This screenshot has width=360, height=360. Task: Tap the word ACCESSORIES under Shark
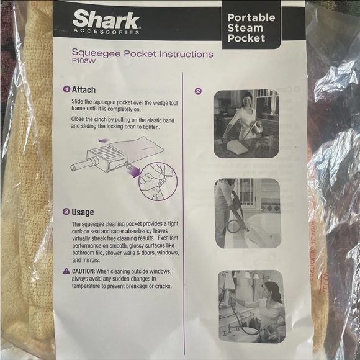pos(111,32)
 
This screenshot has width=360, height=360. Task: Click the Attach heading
pos(84,89)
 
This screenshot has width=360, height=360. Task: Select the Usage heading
pos(83,211)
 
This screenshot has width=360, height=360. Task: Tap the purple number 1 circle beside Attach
pos(66,89)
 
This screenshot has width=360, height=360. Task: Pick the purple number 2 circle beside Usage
pos(66,211)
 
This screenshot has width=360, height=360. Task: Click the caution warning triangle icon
pos(66,271)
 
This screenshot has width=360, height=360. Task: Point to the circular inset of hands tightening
pos(158,179)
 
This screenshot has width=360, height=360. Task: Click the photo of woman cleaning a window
pos(246,124)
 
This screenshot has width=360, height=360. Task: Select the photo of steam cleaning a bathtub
pos(247,214)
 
